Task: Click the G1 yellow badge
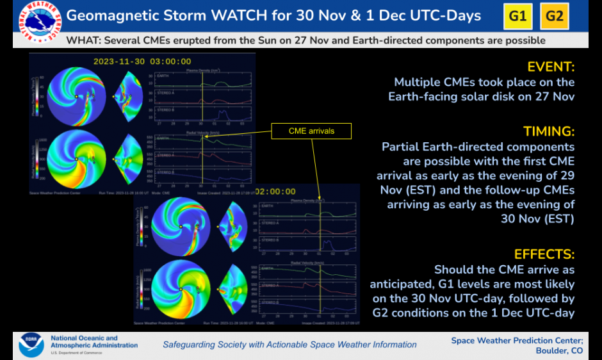[x=517, y=16]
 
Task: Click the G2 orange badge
[x=555, y=16]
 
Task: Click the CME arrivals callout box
[x=311, y=131]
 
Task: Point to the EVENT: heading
[x=551, y=67]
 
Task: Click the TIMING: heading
[x=549, y=131]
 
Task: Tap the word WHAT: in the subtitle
[x=83, y=40]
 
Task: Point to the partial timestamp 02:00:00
[x=275, y=192]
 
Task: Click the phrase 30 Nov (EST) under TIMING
[x=539, y=218]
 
